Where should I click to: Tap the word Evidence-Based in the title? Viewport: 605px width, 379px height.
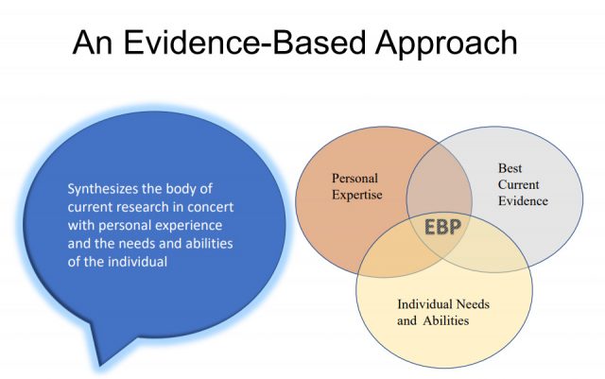click(x=244, y=43)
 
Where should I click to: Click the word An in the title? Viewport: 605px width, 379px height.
click(x=93, y=43)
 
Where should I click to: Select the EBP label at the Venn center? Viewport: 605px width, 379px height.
click(x=442, y=227)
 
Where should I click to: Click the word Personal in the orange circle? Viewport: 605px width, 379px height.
click(x=355, y=179)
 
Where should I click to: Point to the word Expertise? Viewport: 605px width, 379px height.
click(x=357, y=195)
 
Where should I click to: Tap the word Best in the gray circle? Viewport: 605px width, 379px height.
click(x=510, y=168)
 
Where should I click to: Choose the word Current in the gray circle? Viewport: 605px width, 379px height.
click(x=518, y=184)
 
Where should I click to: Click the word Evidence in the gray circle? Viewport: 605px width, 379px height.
click(x=523, y=200)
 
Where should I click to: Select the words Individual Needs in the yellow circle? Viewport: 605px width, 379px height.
click(x=443, y=304)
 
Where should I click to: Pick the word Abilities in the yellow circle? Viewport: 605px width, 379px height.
click(x=445, y=320)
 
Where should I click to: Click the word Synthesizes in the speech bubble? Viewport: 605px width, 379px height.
click(x=103, y=189)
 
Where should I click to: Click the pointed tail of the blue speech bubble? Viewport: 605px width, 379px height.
click(x=100, y=365)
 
